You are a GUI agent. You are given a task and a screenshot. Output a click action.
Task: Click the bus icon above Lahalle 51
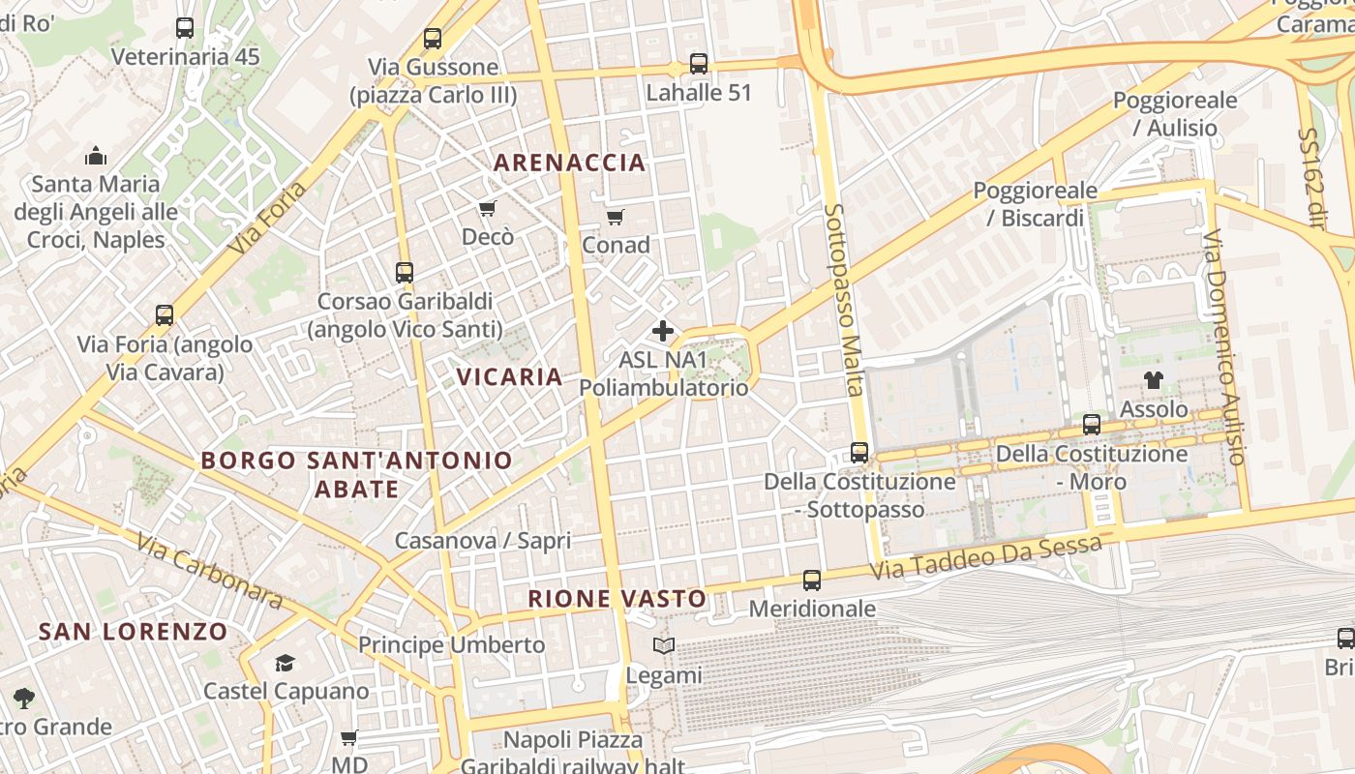(x=698, y=64)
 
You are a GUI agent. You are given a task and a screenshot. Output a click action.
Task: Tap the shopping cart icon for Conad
(x=616, y=217)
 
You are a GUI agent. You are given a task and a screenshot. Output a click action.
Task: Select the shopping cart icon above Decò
(x=488, y=208)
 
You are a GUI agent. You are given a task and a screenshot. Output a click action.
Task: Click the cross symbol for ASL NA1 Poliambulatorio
(x=663, y=331)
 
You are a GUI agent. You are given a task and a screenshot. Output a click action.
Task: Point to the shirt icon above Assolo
(x=1154, y=379)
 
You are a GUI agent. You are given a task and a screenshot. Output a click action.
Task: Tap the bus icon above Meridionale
(x=811, y=580)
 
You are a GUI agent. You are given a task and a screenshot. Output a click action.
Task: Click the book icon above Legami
(x=663, y=645)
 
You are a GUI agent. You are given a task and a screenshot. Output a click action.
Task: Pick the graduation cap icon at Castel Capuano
(x=285, y=663)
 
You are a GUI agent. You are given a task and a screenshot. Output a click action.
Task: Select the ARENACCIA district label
(x=569, y=163)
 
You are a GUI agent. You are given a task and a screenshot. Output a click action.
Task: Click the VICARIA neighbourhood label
(x=509, y=376)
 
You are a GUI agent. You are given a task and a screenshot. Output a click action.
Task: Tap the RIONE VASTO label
(x=617, y=599)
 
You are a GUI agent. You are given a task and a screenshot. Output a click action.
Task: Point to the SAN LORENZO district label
(x=134, y=632)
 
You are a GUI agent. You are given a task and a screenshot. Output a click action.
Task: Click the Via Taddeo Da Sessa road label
(x=985, y=558)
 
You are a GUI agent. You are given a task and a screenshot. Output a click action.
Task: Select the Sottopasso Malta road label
(x=843, y=299)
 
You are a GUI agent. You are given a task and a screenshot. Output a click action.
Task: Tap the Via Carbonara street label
(x=209, y=571)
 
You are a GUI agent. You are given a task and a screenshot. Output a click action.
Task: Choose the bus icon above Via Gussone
(x=433, y=39)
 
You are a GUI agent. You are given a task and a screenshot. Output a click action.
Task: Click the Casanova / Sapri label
(x=482, y=541)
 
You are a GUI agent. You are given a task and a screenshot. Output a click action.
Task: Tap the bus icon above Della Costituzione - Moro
(x=1092, y=424)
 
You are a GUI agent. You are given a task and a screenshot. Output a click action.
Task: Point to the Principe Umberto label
(x=451, y=644)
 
